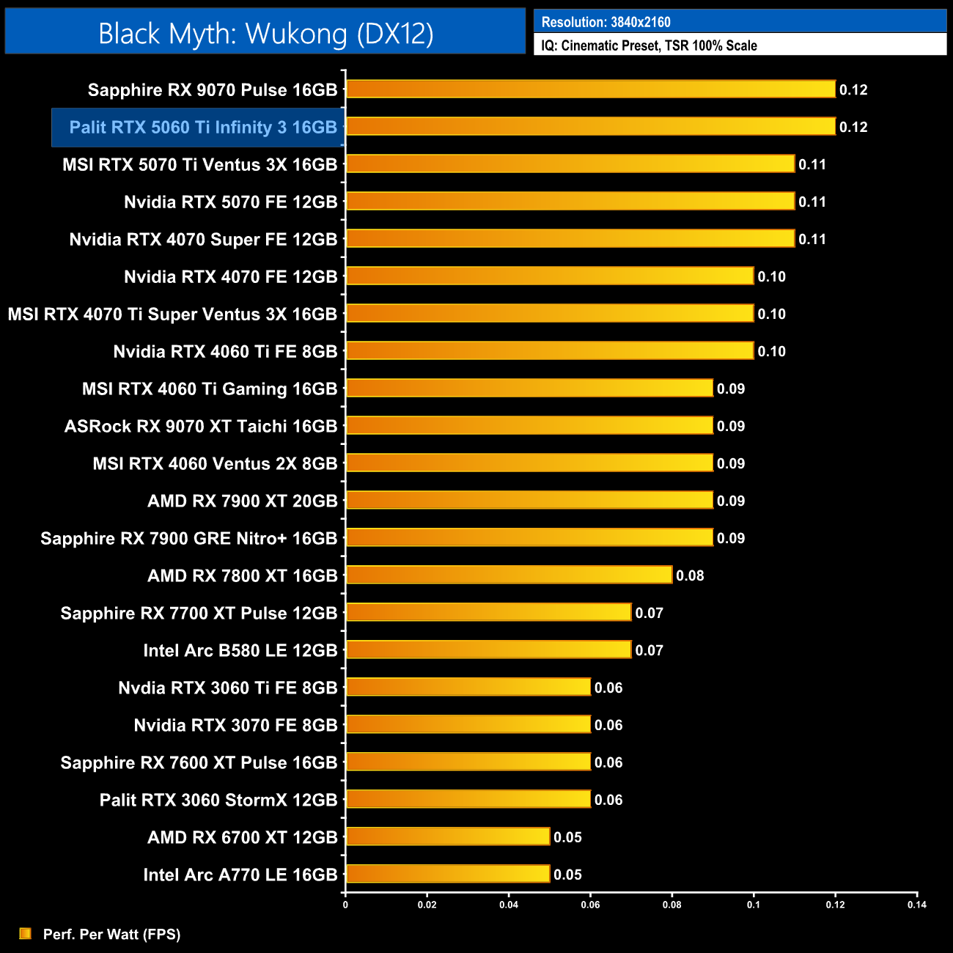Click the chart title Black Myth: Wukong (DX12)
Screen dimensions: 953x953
tap(265, 34)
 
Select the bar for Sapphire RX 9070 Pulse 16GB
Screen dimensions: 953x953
tap(590, 89)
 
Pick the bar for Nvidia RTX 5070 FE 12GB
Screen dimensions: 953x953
tap(570, 202)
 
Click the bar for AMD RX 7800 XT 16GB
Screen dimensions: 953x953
tap(509, 575)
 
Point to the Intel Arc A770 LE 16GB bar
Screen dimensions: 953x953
tap(447, 875)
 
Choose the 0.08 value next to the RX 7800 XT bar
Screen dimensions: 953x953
tap(690, 576)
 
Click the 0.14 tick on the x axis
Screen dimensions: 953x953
tap(916, 905)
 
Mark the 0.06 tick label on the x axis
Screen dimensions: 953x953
tap(590, 905)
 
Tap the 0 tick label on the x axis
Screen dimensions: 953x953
tap(345, 905)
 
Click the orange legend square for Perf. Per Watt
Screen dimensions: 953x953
tap(26, 933)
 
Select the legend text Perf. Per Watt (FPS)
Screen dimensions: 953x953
tap(111, 935)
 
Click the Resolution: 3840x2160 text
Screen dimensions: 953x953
tap(606, 22)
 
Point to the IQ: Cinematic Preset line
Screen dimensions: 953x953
tap(649, 45)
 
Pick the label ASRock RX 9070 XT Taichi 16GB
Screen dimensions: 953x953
tap(201, 427)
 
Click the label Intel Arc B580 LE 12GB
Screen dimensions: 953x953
tap(240, 651)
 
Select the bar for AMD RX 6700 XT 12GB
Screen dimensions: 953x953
tap(447, 837)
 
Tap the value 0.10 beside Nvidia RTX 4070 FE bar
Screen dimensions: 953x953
tap(771, 277)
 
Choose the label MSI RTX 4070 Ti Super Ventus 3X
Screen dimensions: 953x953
tap(172, 314)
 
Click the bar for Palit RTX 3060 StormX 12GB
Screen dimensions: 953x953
tap(468, 800)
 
